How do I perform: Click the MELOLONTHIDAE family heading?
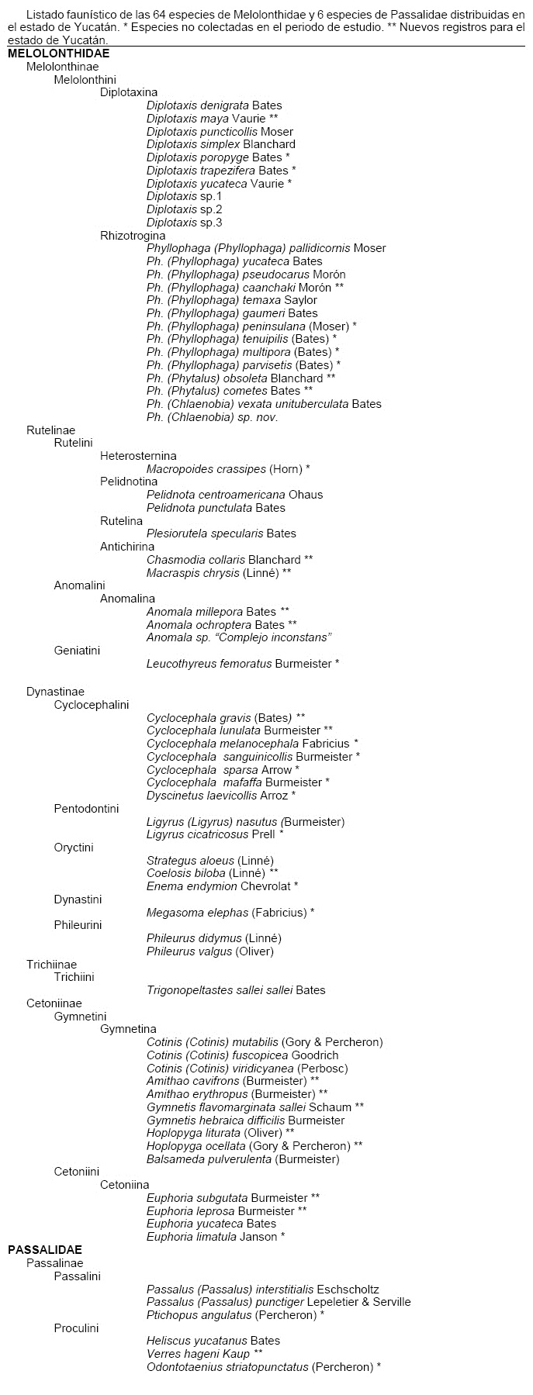pyautogui.click(x=58, y=54)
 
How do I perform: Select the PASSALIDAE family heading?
pyautogui.click(x=45, y=1250)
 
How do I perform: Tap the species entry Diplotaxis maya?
pyautogui.click(x=212, y=119)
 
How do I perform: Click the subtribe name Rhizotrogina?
pyautogui.click(x=133, y=236)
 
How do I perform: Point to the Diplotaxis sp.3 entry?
pyautogui.click(x=185, y=223)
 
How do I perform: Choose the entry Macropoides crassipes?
pyautogui.click(x=228, y=469)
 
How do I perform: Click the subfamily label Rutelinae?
pyautogui.click(x=50, y=430)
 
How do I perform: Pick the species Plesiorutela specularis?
pyautogui.click(x=221, y=533)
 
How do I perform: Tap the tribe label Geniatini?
pyautogui.click(x=77, y=651)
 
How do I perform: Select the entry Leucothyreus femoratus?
pyautogui.click(x=243, y=664)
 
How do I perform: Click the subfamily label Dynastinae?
pyautogui.click(x=55, y=692)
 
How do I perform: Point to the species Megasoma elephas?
pyautogui.click(x=230, y=913)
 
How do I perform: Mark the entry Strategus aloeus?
pyautogui.click(x=210, y=861)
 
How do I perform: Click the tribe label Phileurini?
pyautogui.click(x=78, y=925)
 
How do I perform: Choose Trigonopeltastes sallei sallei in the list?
pyautogui.click(x=236, y=990)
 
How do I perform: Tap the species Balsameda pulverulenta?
pyautogui.click(x=243, y=1159)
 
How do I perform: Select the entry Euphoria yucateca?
pyautogui.click(x=211, y=1224)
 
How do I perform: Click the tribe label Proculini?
pyautogui.click(x=76, y=1328)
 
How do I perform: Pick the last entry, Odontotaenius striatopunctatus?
pyautogui.click(x=264, y=1367)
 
